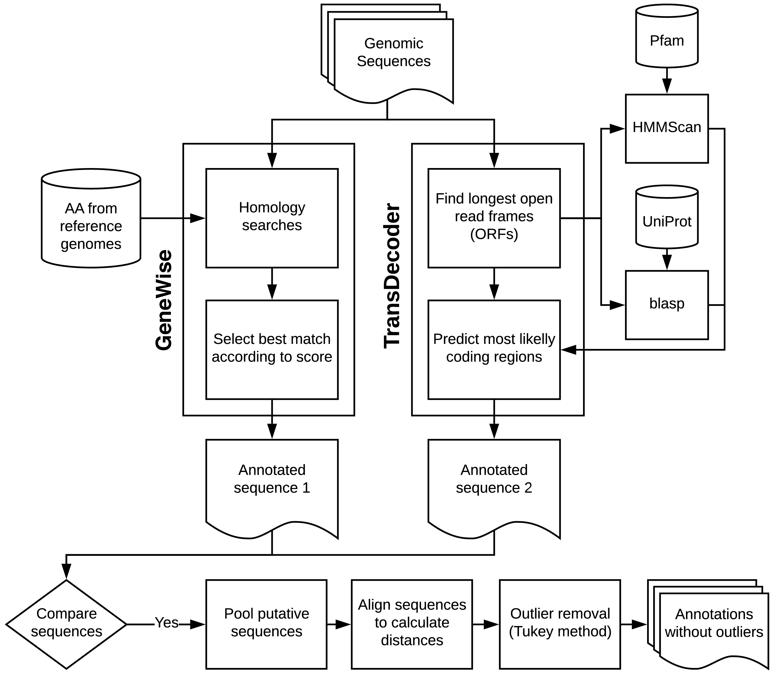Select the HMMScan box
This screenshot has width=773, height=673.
click(x=667, y=128)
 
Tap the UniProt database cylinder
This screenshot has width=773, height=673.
click(x=667, y=217)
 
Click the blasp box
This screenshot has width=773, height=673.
click(x=667, y=305)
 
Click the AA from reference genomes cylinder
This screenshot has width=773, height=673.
click(x=91, y=218)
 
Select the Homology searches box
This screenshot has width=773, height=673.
click(x=272, y=218)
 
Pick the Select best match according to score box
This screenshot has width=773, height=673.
click(x=272, y=350)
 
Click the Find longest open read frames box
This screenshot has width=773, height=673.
click(x=494, y=218)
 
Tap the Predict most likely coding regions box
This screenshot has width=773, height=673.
click(x=494, y=350)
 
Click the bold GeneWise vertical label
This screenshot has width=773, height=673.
click(x=164, y=301)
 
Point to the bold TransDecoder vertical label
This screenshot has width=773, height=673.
click(x=392, y=276)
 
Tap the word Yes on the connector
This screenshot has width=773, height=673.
click(x=166, y=623)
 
